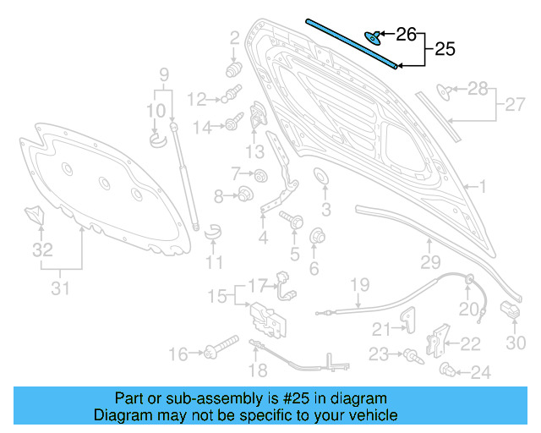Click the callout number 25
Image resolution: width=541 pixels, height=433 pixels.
click(x=445, y=49)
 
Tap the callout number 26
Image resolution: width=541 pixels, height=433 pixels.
click(x=407, y=35)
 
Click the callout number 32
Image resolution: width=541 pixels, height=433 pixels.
click(x=42, y=250)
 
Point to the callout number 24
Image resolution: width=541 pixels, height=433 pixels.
click(x=480, y=371)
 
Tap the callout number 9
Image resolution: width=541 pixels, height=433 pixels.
click(x=165, y=74)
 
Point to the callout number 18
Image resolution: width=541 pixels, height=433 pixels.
click(x=259, y=370)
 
